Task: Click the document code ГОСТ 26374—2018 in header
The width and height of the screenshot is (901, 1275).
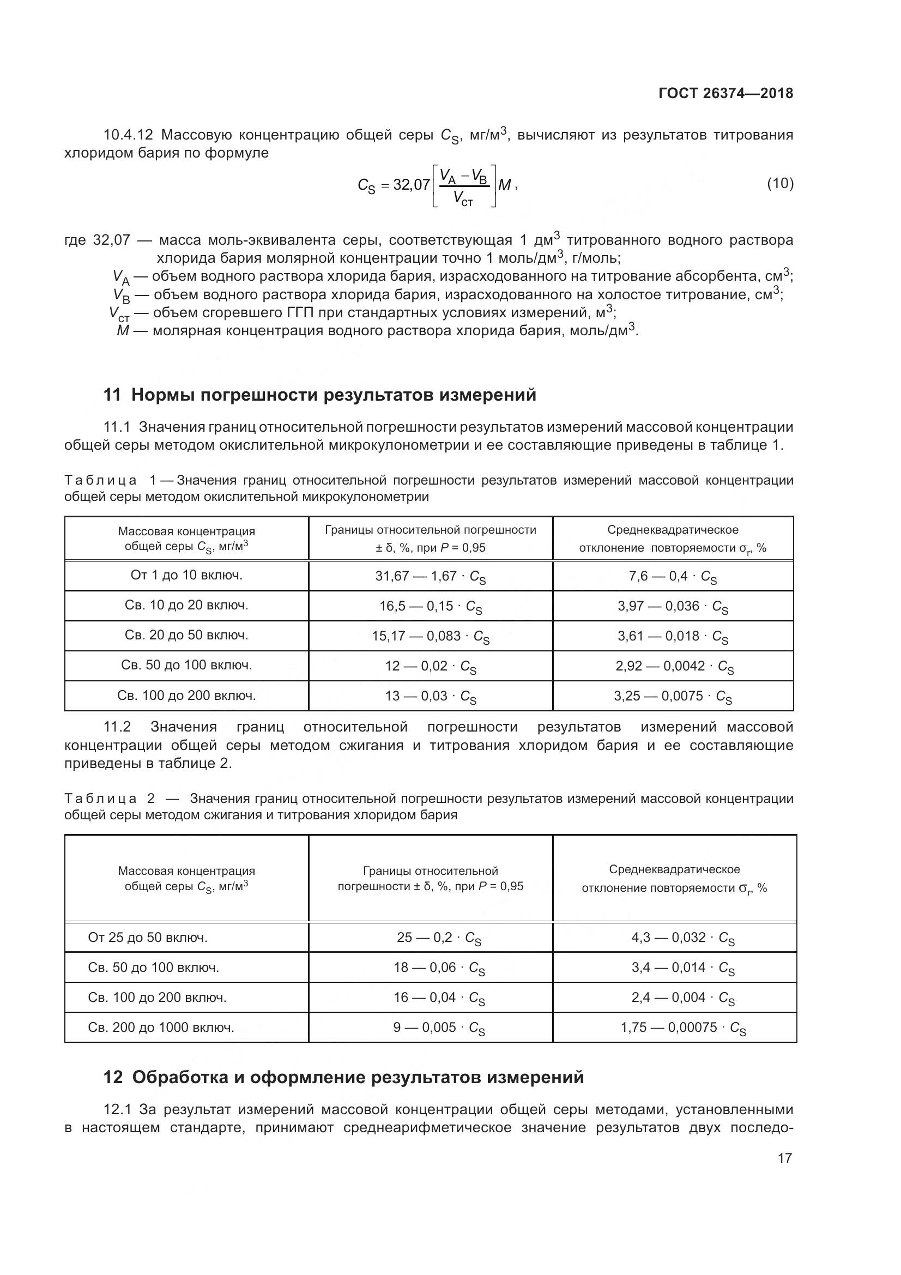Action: coord(725,93)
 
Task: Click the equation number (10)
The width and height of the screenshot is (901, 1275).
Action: coord(780,183)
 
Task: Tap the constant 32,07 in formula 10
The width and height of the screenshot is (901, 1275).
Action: coord(412,184)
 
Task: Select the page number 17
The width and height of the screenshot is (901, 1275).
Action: coord(784,1158)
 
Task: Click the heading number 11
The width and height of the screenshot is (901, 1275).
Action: coord(112,395)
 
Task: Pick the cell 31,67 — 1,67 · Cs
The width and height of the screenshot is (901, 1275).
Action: coord(430,576)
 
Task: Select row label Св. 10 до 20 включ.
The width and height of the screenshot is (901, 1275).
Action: coord(186,605)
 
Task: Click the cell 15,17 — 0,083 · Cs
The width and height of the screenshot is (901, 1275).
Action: coord(430,636)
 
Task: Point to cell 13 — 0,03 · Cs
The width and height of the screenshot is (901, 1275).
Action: coord(430,696)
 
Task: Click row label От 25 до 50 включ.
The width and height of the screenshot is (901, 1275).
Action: coord(148,938)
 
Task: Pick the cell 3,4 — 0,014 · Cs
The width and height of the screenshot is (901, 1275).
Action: coord(683,968)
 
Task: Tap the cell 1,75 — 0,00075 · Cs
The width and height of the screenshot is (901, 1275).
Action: coord(683,1028)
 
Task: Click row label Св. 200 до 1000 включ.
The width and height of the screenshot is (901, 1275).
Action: coord(161,1028)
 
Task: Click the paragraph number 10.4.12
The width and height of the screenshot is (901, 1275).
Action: coord(128,135)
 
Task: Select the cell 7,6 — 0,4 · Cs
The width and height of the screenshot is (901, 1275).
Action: coord(672,576)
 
